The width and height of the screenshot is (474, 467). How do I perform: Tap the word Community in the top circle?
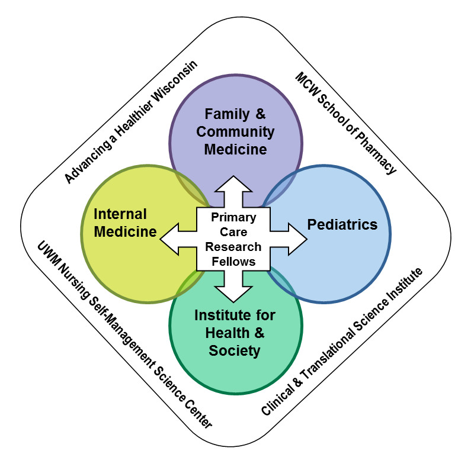click(x=235, y=131)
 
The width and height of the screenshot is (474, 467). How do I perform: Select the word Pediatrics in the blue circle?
click(x=342, y=225)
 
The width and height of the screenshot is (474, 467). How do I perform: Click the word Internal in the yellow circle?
click(x=120, y=214)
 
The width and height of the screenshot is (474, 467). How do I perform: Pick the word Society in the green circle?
click(x=235, y=350)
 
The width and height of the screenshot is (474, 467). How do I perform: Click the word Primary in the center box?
click(x=233, y=217)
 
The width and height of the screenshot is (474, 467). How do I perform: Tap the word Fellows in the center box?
click(x=233, y=261)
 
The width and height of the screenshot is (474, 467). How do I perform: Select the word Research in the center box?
click(x=233, y=247)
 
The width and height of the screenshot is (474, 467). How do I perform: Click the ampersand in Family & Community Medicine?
click(x=259, y=114)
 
